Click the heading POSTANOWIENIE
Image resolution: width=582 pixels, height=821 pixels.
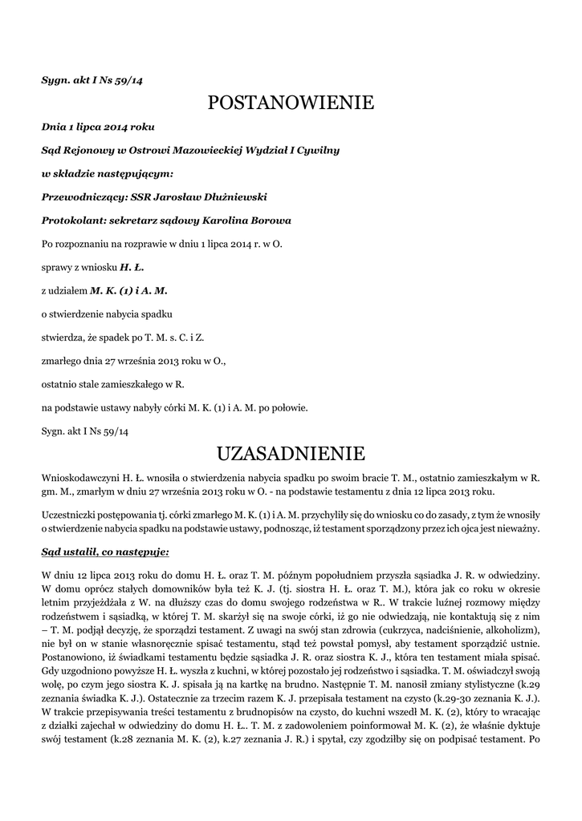291,103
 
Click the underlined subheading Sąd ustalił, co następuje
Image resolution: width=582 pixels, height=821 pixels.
105,552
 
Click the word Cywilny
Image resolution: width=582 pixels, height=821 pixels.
319,150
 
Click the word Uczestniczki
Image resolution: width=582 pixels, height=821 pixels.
69,513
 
